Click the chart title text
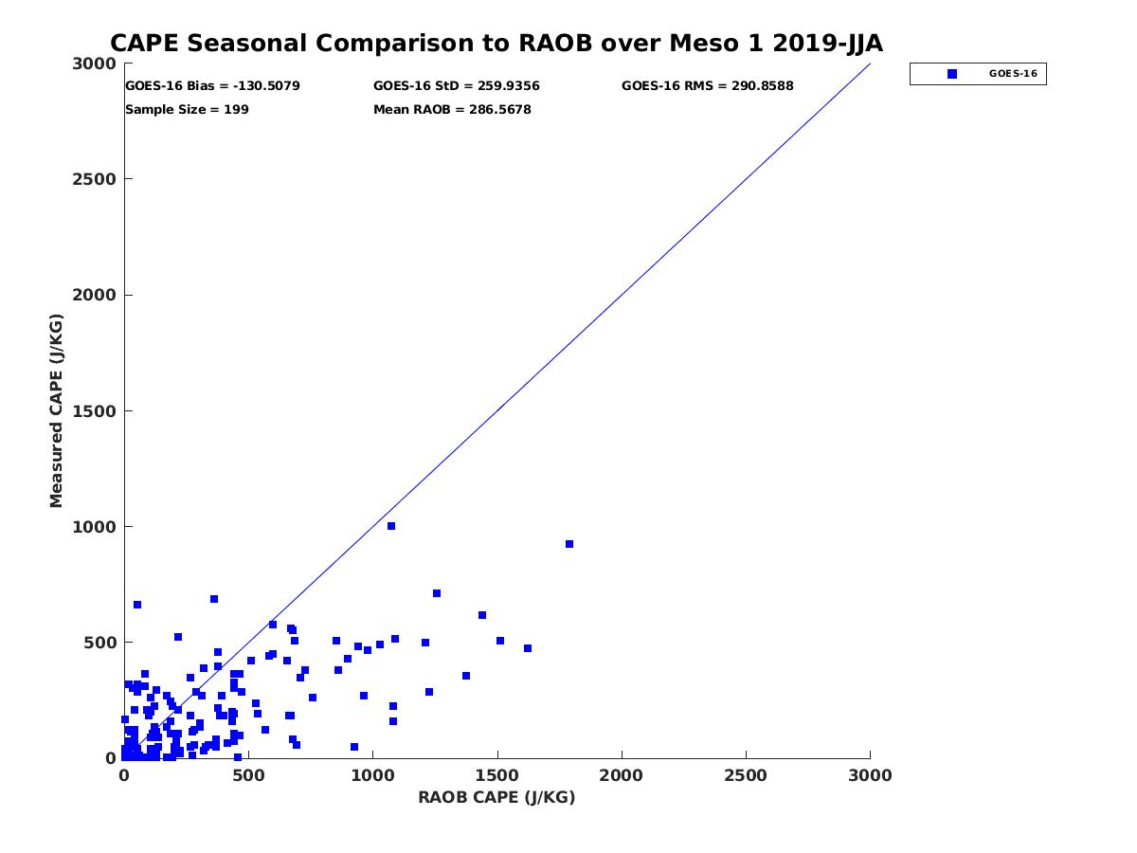(x=496, y=44)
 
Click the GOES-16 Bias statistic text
(x=212, y=86)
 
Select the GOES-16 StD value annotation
(x=457, y=86)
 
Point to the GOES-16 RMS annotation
(x=707, y=86)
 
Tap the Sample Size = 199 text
(x=187, y=110)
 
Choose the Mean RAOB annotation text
(x=452, y=110)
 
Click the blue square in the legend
(x=952, y=74)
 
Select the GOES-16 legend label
(x=1013, y=74)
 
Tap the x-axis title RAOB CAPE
(x=496, y=797)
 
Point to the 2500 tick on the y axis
(x=96, y=179)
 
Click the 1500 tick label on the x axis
(x=497, y=775)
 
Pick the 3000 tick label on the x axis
(x=870, y=775)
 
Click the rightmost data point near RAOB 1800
(x=569, y=544)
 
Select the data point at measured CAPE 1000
(x=391, y=526)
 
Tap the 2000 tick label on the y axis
(x=96, y=296)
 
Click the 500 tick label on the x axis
(x=248, y=775)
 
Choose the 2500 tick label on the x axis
(x=746, y=775)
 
